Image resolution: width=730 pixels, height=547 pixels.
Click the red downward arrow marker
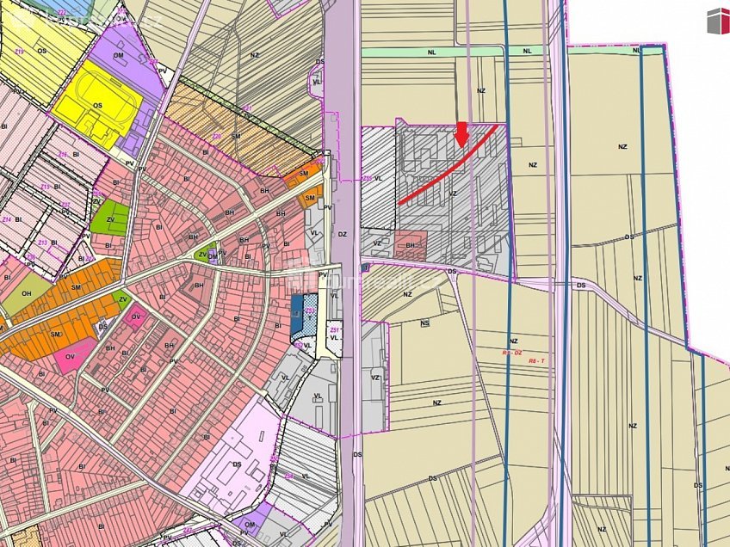[x=461, y=133]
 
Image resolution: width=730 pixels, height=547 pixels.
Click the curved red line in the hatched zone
[x=448, y=168]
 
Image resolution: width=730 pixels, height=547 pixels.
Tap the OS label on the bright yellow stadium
[x=97, y=106]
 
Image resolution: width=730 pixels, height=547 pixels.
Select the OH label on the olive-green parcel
[x=26, y=292]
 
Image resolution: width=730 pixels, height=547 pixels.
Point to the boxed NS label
[x=424, y=323]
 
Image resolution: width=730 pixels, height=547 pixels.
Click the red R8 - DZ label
[x=512, y=352]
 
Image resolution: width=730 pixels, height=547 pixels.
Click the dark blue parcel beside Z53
[x=298, y=306]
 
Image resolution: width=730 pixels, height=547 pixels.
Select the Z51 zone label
[x=334, y=330]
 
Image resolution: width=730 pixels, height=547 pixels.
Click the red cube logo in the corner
[x=718, y=21]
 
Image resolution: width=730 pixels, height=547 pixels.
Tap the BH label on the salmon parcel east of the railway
[x=411, y=245]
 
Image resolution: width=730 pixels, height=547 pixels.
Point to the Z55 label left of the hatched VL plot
[x=367, y=178]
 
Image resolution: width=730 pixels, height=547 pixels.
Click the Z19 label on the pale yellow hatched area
[x=19, y=52]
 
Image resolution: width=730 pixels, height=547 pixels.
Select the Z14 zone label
[x=7, y=220]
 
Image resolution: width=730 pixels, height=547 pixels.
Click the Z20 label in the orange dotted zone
[x=217, y=136]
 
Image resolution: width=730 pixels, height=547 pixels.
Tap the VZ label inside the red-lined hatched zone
[x=452, y=194]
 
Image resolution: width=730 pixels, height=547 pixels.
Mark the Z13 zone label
[x=44, y=187]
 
